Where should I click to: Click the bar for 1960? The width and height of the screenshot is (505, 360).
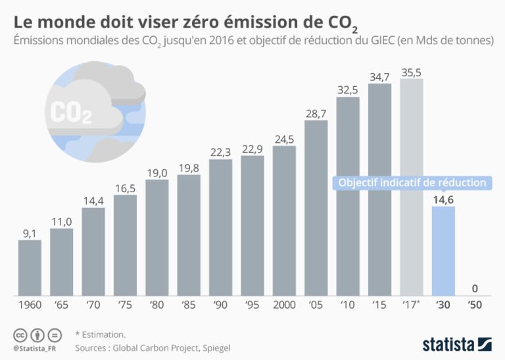[x=30, y=267]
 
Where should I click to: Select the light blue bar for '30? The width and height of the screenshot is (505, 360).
[x=443, y=250]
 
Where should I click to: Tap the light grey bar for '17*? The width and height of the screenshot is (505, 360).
[x=411, y=187]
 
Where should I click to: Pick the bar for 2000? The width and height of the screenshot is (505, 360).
[x=284, y=220]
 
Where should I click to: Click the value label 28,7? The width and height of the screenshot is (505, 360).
[x=316, y=113]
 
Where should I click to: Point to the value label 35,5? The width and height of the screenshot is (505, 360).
[x=411, y=71]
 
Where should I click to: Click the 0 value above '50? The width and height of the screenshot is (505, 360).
[x=474, y=288]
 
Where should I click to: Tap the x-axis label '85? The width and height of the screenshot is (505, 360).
[x=189, y=306]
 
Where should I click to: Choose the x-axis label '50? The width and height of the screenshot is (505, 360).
[x=474, y=306]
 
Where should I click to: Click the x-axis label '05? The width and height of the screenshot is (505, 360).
[x=316, y=306]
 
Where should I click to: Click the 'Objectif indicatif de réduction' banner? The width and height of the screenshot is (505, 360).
[x=412, y=182]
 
